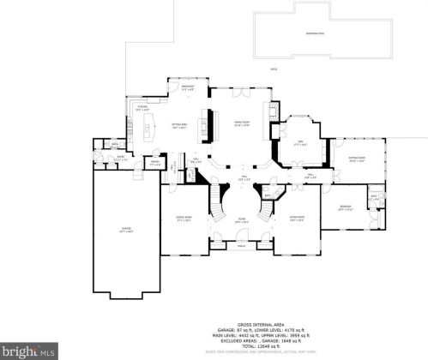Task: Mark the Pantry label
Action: coord(156,162)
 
